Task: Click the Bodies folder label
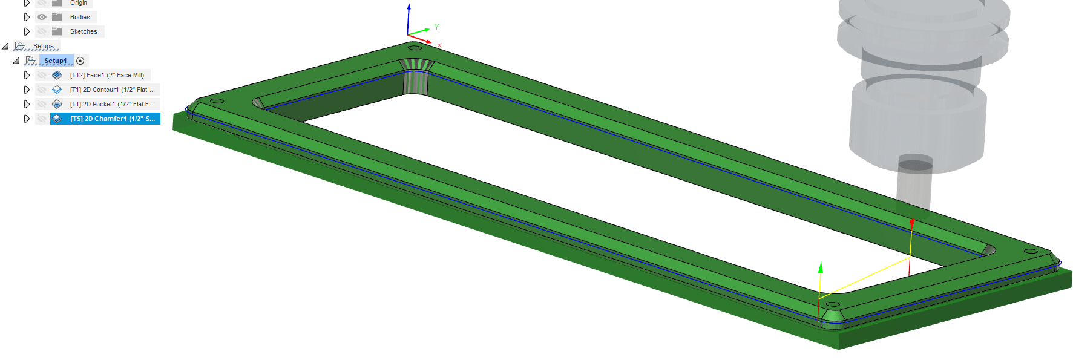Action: pos(80,17)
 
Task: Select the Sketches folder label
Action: pos(84,31)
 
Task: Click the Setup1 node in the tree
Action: pos(56,61)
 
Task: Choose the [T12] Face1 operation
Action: pos(107,75)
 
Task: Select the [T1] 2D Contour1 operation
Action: pos(112,90)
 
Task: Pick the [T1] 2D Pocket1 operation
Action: pos(112,104)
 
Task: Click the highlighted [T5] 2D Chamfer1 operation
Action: pos(112,119)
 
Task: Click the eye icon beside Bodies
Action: pos(42,17)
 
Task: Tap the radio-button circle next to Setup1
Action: pos(80,61)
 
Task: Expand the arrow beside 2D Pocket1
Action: pos(27,104)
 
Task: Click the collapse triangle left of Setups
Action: pos(5,46)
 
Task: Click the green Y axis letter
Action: pos(436,27)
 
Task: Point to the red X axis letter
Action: pos(439,45)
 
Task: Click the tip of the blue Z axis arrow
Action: pos(409,6)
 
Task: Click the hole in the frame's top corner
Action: pos(415,48)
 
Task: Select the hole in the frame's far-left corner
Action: pos(217,101)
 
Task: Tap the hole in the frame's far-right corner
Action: pos(1031,251)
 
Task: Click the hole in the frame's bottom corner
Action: pos(833,304)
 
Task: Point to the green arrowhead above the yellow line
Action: pos(821,267)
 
